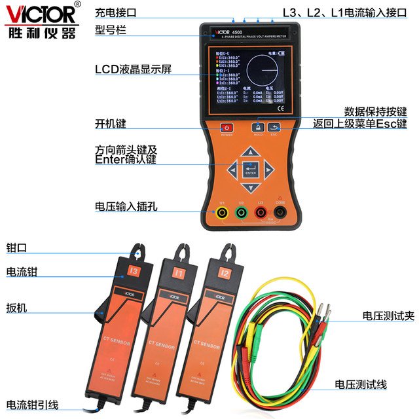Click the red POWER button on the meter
coord(227,127)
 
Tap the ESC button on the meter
coord(274,127)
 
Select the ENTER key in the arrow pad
coord(250,171)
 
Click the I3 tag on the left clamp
coord(134,270)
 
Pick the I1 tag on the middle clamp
coord(179,270)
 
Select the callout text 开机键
coord(110,124)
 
